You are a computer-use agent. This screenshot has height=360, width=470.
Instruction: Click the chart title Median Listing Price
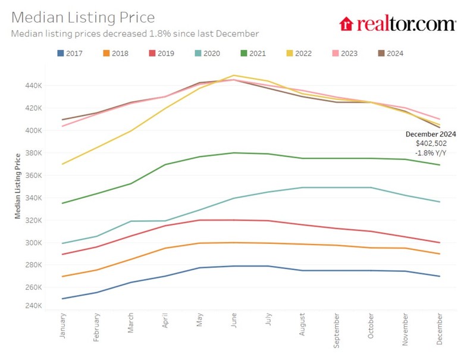83,17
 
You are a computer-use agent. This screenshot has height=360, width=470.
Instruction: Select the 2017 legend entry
70,54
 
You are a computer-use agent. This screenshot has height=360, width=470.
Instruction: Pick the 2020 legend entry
207,54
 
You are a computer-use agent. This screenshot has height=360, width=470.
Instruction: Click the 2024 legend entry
390,54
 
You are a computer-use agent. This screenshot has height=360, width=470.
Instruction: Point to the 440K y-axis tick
34,86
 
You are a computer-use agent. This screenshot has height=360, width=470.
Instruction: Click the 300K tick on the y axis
34,243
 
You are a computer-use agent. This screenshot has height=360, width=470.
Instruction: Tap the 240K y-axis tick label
34,306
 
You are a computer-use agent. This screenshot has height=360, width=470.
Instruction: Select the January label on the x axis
62,327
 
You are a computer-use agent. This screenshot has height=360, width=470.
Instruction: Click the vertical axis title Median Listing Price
18,185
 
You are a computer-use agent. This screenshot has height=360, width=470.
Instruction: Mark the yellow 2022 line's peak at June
234,76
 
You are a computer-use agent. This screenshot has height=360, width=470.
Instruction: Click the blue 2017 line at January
62,299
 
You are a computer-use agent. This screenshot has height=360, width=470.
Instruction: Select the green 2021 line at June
234,153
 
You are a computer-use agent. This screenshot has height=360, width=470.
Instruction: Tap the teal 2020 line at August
302,187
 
